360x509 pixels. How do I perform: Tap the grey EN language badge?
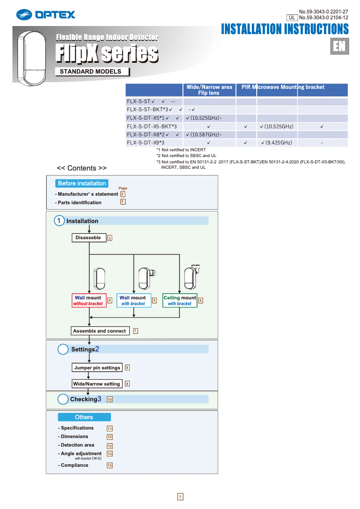[339, 47]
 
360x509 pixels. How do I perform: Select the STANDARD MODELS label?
[92, 71]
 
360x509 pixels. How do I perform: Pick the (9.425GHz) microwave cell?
[277, 143]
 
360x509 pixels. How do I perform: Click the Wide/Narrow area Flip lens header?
[209, 90]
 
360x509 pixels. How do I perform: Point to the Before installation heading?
[82, 183]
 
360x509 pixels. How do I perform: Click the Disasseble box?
[88, 238]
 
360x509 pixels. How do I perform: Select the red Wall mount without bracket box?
[88, 301]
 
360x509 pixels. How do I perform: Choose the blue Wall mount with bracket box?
[133, 301]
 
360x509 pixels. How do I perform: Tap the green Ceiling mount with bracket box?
[180, 301]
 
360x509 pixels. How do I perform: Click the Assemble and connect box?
[100, 331]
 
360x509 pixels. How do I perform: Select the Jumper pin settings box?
[97, 368]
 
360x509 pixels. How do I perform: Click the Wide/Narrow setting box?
[97, 384]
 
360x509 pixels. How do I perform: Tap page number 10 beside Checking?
[110, 399]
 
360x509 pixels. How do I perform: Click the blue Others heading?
[84, 417]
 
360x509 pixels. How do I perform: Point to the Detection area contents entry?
[77, 445]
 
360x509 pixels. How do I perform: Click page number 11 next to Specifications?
[110, 429]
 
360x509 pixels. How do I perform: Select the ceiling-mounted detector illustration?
[193, 278]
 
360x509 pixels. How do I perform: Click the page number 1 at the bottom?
[180, 496]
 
